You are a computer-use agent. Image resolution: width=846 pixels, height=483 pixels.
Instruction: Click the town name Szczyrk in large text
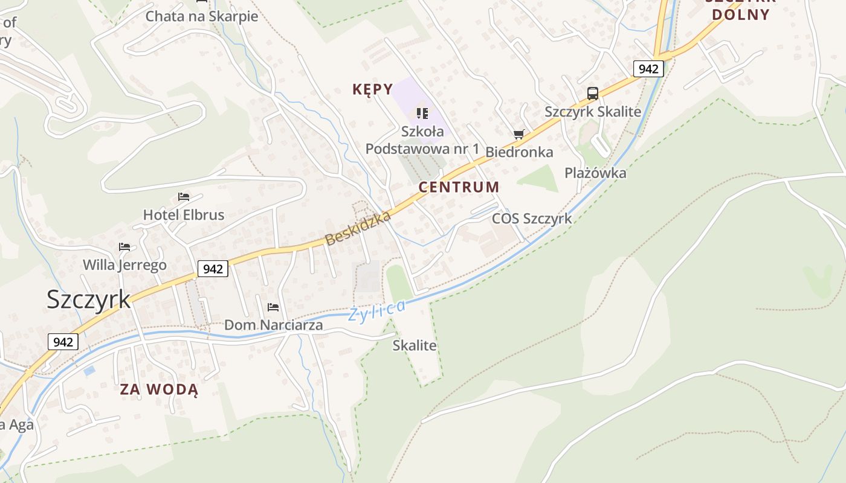(89, 299)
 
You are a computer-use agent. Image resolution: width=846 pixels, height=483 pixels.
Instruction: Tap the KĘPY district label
(373, 90)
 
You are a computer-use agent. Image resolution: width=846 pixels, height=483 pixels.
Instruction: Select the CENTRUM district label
(459, 187)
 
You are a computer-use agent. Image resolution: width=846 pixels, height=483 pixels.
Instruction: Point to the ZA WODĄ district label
(159, 389)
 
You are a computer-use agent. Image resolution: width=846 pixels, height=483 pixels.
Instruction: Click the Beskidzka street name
(358, 228)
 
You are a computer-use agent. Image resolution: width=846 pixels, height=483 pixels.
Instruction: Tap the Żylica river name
(376, 311)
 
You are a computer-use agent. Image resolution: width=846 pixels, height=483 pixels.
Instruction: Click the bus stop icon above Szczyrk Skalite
(593, 94)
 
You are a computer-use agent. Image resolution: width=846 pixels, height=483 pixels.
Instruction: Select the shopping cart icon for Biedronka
(518, 134)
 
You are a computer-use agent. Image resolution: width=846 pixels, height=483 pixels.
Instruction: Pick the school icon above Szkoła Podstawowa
(422, 113)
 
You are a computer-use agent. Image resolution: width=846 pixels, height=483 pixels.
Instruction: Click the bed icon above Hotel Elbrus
(184, 197)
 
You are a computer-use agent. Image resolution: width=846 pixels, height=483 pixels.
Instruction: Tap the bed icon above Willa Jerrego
(124, 247)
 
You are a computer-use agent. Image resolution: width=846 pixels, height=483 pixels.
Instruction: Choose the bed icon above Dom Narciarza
(273, 307)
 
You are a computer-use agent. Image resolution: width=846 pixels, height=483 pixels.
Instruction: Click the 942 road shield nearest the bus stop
(648, 69)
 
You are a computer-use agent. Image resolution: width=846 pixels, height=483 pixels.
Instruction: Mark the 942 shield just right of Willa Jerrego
(213, 269)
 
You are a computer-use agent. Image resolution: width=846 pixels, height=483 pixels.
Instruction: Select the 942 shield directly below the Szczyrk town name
(63, 342)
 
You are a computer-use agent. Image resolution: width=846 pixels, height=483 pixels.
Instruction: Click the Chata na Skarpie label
(202, 16)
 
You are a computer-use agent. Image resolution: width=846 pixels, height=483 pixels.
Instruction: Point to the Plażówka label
(595, 173)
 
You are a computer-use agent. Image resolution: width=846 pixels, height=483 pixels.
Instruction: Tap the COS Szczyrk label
(532, 219)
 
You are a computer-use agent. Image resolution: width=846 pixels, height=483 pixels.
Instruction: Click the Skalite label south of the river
(415, 345)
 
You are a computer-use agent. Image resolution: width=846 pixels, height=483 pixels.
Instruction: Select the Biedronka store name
(520, 152)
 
